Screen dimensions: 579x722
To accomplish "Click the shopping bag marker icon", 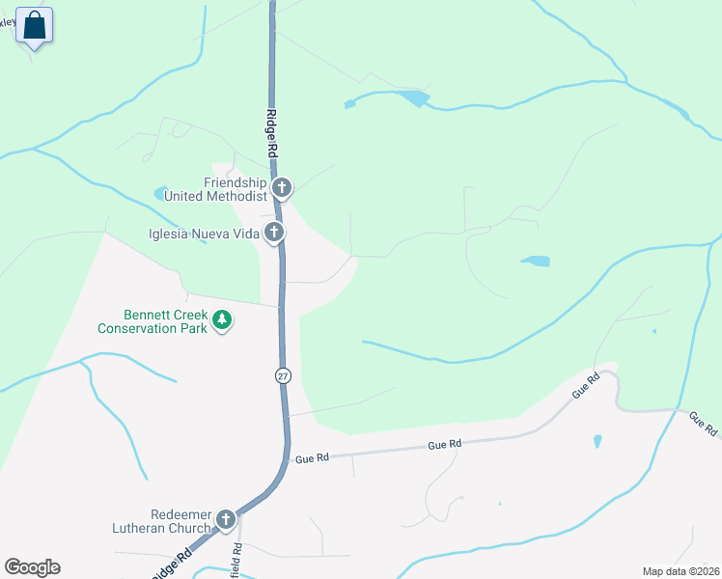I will point(35,25).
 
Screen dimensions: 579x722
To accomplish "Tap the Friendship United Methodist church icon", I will point(282,187).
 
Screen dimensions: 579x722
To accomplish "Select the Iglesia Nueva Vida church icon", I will point(275,232).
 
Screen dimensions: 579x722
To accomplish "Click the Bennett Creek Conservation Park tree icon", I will point(222,319).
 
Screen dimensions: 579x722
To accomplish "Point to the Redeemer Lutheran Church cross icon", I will point(226,520).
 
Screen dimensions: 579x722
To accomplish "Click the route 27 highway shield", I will point(283,376).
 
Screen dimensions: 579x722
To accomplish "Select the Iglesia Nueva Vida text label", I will point(203,233).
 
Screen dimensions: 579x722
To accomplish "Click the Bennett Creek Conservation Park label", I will point(153,320).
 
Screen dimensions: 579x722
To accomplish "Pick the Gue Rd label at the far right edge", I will point(702,422).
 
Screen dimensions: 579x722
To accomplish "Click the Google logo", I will point(32,567).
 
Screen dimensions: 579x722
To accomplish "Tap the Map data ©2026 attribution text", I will point(680,571).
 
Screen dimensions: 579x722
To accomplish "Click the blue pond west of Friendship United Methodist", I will point(161,193).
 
